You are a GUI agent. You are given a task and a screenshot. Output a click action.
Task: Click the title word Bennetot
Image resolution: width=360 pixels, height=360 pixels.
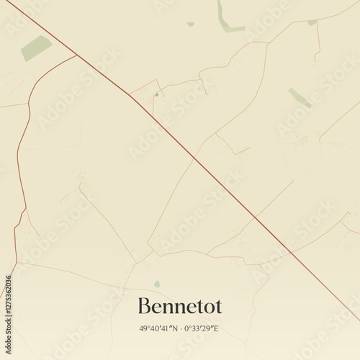[179, 306]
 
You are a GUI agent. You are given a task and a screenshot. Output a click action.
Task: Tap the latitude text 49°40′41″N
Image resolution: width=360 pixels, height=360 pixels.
[161, 328]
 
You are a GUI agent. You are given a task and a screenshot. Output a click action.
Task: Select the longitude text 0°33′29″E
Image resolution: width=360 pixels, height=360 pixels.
[201, 328]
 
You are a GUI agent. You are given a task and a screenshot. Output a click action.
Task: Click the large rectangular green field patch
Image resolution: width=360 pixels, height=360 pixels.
[36, 48]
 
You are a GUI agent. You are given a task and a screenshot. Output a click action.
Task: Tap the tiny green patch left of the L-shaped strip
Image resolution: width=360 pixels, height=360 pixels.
[191, 24]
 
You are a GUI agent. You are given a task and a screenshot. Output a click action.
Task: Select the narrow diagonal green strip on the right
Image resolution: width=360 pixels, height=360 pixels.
[300, 98]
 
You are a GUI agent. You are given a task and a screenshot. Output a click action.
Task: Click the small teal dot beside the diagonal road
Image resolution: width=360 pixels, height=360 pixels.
[156, 94]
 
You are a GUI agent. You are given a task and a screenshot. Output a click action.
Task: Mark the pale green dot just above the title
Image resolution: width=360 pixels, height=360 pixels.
[157, 284]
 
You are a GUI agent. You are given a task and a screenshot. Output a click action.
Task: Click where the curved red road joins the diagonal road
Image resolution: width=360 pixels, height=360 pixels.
[76, 55]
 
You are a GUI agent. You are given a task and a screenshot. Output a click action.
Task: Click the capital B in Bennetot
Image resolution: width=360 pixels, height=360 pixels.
[143, 306]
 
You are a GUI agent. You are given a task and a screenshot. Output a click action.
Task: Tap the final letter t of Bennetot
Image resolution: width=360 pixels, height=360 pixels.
[218, 307]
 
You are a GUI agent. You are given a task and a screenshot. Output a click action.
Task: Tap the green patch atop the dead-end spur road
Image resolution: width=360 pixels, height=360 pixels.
[312, 22]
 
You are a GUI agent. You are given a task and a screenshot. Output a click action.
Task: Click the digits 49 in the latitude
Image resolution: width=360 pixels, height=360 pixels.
[144, 328]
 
